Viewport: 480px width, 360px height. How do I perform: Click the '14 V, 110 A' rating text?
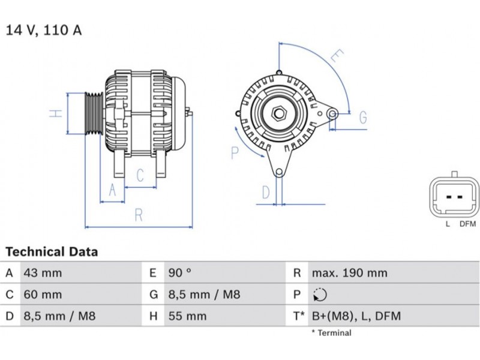[43, 30]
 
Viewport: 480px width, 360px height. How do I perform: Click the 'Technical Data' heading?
[52, 252]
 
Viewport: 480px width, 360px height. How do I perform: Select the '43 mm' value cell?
[42, 273]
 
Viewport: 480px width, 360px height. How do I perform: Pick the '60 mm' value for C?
[42, 295]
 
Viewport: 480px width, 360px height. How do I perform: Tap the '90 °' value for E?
[179, 273]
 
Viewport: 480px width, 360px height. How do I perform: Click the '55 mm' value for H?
[187, 316]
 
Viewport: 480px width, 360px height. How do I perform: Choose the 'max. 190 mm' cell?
[349, 273]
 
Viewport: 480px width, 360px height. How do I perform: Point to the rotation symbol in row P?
[320, 295]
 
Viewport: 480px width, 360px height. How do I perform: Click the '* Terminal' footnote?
[331, 333]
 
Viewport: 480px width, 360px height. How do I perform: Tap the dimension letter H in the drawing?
[56, 113]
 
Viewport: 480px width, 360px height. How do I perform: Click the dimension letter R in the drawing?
[139, 215]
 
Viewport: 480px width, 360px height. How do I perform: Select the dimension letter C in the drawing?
[140, 175]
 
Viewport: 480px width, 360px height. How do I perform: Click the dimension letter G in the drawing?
[363, 118]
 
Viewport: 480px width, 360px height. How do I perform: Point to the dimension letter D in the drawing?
[266, 193]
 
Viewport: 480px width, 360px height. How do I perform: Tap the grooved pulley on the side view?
[93, 113]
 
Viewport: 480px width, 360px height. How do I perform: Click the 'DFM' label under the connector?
[467, 224]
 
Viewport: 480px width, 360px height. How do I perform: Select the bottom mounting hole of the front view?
[279, 173]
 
